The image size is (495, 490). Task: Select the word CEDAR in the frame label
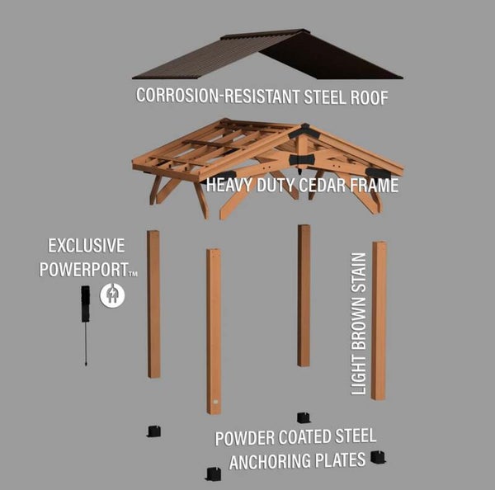click(x=317, y=186)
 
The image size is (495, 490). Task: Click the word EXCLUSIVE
click(x=86, y=246)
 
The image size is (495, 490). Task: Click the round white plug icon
click(x=112, y=294)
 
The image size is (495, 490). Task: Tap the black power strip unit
click(x=85, y=305)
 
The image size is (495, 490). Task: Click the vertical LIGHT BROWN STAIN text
click(x=359, y=323)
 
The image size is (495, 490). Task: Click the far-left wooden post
click(x=153, y=304)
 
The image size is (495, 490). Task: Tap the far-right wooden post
click(x=379, y=320)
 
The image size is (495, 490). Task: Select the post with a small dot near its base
click(x=214, y=330)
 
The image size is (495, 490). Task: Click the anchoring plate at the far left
click(x=153, y=431)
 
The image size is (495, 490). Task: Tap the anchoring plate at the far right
click(x=379, y=456)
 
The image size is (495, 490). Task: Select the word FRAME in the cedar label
click(x=371, y=186)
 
